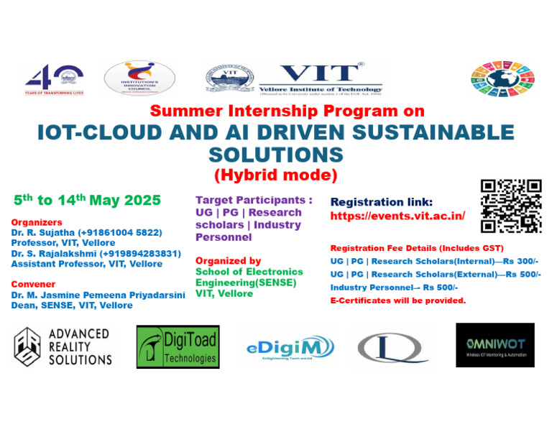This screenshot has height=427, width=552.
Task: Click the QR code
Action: (510, 206)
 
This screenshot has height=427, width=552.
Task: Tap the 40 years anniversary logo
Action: (55, 78)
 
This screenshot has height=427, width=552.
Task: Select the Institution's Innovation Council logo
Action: (139, 79)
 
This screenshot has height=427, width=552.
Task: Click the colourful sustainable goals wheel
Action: (502, 79)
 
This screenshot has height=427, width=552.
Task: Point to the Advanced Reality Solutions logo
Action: (64, 346)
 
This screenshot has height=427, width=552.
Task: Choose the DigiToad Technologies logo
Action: (178, 346)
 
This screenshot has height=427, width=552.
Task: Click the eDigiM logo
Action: (289, 348)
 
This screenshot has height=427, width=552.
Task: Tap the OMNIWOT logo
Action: (494, 345)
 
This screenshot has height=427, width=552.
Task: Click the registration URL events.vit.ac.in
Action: (397, 216)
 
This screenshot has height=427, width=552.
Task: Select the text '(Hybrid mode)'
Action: (275, 174)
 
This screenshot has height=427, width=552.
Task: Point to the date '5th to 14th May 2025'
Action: (87, 200)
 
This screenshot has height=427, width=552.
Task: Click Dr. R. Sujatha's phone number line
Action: (86, 232)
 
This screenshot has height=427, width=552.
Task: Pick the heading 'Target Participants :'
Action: (254, 199)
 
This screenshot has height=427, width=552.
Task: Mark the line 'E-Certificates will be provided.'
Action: (397, 300)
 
